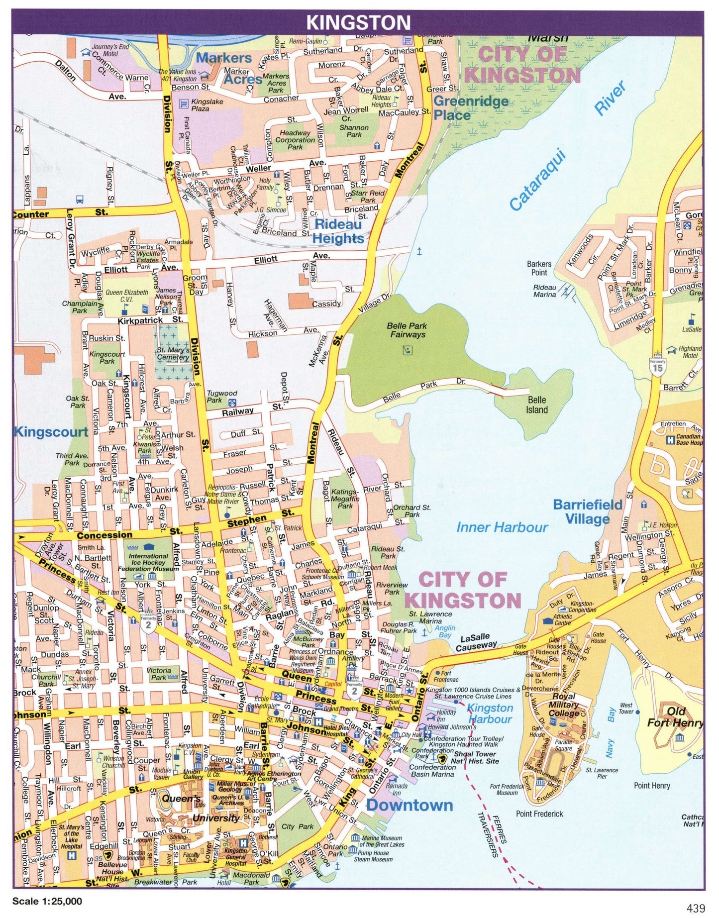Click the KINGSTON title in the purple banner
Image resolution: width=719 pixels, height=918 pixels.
pyautogui.click(x=358, y=22)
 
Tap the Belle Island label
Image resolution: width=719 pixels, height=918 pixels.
pyautogui.click(x=537, y=405)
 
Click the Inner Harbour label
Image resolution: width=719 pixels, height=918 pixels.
pyautogui.click(x=502, y=527)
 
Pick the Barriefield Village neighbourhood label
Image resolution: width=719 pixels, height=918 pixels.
pyautogui.click(x=588, y=512)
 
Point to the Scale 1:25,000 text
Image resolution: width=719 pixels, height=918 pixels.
pyautogui.click(x=47, y=901)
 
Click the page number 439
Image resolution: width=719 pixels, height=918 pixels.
pyautogui.click(x=696, y=908)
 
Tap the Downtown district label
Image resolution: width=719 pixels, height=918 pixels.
pyautogui.click(x=410, y=805)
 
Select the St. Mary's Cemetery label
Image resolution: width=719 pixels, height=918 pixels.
pyautogui.click(x=173, y=353)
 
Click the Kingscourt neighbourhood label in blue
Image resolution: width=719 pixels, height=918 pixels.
pyautogui.click(x=51, y=431)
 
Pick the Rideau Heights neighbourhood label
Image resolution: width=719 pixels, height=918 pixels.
pyautogui.click(x=338, y=231)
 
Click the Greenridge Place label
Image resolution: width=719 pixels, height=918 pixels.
pyautogui.click(x=471, y=108)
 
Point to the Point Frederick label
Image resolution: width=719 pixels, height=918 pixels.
pyautogui.click(x=539, y=814)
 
